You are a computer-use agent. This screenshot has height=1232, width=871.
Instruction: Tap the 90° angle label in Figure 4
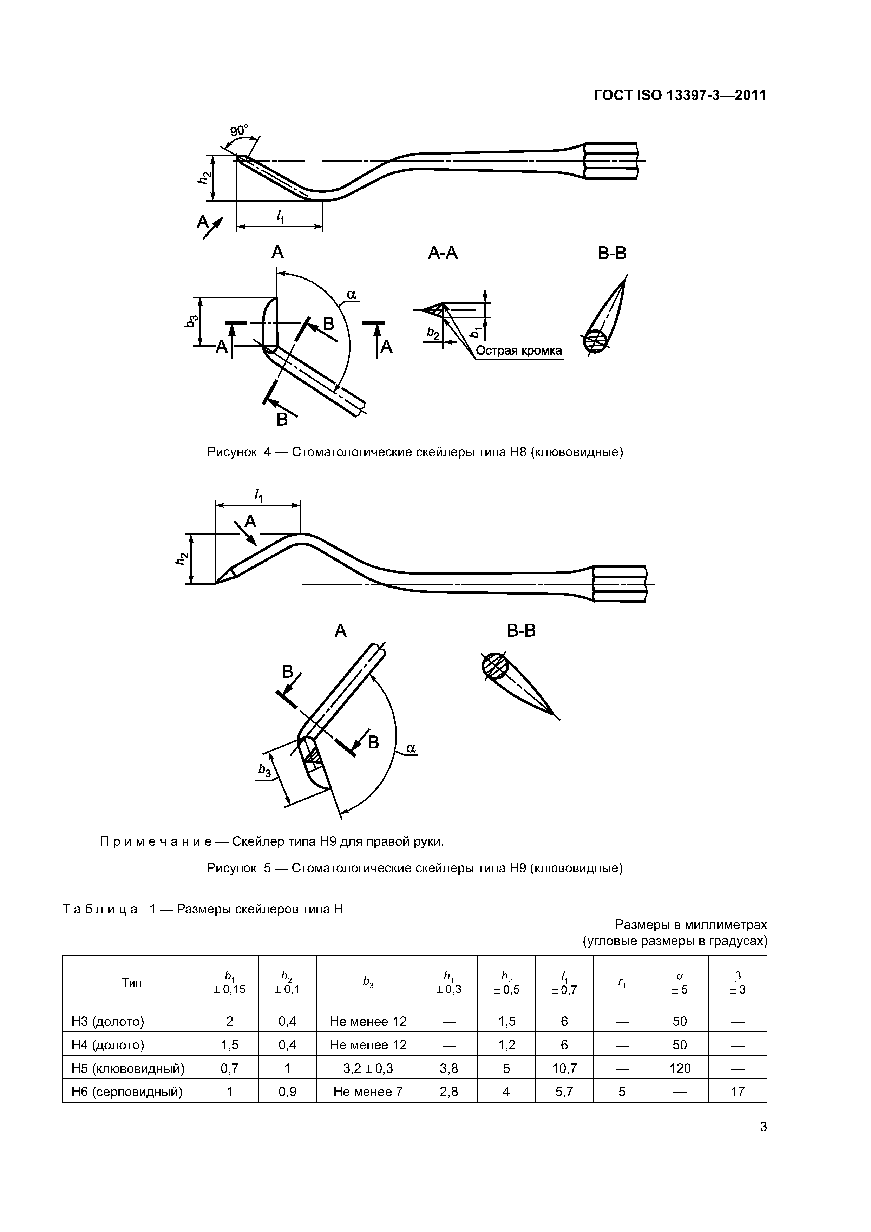240,131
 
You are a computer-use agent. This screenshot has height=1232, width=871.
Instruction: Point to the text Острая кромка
519,351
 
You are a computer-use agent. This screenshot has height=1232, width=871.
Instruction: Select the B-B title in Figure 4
612,253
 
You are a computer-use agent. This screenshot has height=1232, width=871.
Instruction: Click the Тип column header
131,983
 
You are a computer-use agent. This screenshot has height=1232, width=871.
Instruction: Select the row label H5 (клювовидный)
128,1068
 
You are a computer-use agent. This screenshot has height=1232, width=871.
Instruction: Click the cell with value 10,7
564,1068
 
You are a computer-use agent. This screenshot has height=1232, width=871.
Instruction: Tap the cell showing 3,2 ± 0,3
368,1068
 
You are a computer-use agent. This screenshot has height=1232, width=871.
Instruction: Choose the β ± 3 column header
738,983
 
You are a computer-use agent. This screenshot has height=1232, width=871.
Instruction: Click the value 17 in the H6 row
738,1092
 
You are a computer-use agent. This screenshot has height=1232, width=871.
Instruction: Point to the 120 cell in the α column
679,1068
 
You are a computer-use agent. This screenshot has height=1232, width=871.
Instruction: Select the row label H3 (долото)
108,1021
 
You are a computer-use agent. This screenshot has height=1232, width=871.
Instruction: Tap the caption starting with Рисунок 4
415,452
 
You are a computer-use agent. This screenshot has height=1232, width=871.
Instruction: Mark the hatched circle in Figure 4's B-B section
595,340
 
